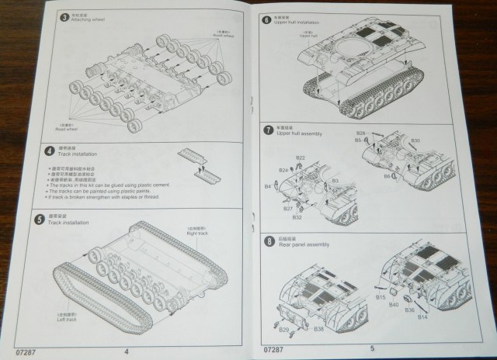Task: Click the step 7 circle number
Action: tap(268, 130)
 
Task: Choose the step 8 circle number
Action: tap(268, 241)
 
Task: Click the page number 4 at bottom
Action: tap(127, 350)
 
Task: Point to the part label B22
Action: tap(300, 158)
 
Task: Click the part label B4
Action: tap(267, 187)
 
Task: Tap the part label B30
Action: tap(415, 141)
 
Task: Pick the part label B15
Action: tap(381, 297)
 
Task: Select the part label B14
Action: tap(422, 319)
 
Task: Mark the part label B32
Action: tap(298, 217)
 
